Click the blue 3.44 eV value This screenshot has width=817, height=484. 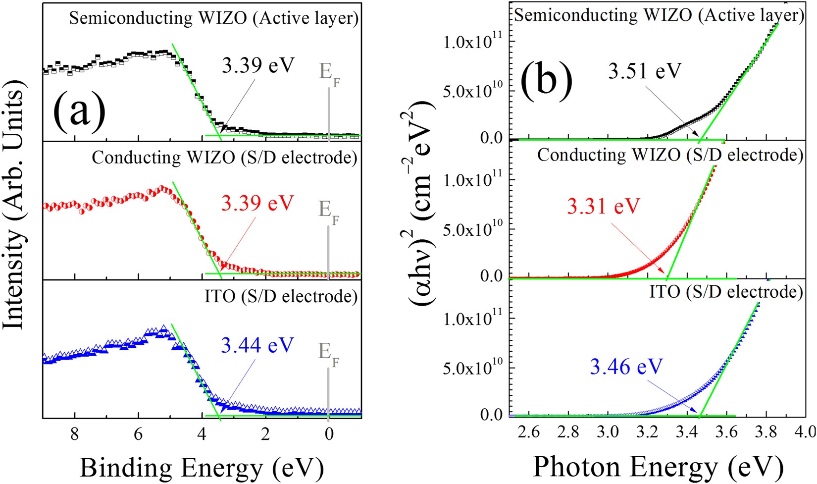[257, 345]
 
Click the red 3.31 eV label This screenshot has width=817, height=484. [604, 206]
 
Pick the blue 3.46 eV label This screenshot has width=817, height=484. [626, 367]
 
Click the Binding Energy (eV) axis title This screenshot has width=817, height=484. [202, 467]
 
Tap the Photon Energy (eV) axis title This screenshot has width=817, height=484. [658, 467]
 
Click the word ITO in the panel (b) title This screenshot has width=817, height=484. [664, 292]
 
